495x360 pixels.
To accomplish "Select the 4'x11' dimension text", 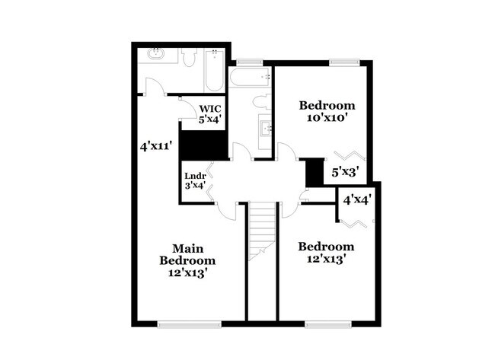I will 156,145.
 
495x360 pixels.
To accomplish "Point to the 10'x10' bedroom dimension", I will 327,119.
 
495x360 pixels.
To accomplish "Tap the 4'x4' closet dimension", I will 356,200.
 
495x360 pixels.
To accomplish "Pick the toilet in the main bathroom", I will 190,57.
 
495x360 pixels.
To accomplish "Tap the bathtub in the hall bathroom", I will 251,77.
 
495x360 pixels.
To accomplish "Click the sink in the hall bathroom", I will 267,128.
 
